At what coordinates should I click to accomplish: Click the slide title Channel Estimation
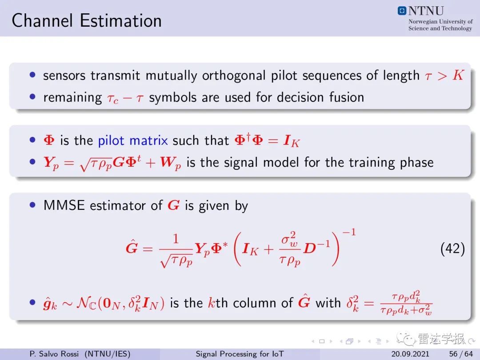click(x=87, y=21)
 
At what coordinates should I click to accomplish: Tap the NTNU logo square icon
click(x=402, y=11)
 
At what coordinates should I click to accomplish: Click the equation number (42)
click(x=452, y=248)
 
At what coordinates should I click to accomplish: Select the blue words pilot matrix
click(x=133, y=140)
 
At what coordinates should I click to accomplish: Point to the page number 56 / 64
click(x=461, y=354)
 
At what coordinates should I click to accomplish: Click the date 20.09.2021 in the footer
click(x=410, y=354)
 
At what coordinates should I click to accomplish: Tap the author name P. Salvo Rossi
click(x=54, y=354)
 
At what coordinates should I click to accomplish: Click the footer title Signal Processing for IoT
click(x=240, y=354)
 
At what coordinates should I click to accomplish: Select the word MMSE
click(x=64, y=205)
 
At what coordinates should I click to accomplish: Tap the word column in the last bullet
click(x=255, y=303)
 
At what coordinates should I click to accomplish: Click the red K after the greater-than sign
click(x=458, y=75)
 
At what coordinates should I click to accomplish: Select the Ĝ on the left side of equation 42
click(x=132, y=247)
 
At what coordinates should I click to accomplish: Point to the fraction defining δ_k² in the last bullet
click(x=406, y=303)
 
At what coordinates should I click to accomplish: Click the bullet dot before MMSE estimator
click(x=33, y=205)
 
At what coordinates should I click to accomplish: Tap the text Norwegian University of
click(x=440, y=21)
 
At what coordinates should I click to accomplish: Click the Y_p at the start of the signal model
click(x=51, y=163)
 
